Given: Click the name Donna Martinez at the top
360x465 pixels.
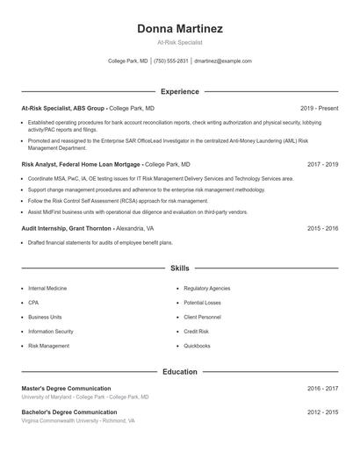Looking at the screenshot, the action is [179, 28].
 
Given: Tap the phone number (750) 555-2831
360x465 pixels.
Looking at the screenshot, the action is [171, 61].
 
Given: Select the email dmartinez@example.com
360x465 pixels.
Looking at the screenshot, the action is [223, 61].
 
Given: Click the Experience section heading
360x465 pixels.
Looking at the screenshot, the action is [179, 91].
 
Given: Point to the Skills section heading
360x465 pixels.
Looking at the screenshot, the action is [179, 268].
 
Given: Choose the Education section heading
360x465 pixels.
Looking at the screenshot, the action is [179, 371].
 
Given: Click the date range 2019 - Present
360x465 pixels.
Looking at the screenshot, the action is [319, 108].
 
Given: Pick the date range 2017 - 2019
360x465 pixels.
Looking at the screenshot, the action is [322, 164].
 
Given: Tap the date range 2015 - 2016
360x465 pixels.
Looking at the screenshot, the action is [322, 228].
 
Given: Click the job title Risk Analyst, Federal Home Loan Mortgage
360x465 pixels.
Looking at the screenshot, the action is [81, 164].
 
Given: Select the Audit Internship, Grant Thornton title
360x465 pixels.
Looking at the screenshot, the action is [67, 228].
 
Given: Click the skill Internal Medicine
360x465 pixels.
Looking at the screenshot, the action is [48, 288].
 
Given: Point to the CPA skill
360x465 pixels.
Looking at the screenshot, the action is [33, 303].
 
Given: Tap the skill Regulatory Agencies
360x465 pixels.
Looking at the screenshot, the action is [207, 288].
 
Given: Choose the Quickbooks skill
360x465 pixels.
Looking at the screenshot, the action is [197, 346].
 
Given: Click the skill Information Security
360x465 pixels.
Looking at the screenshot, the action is [51, 332].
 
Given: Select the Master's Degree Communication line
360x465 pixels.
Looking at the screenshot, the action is [66, 388].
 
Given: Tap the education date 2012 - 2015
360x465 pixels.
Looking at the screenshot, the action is [322, 411].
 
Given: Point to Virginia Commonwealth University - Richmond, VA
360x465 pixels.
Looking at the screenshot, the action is [78, 421].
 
